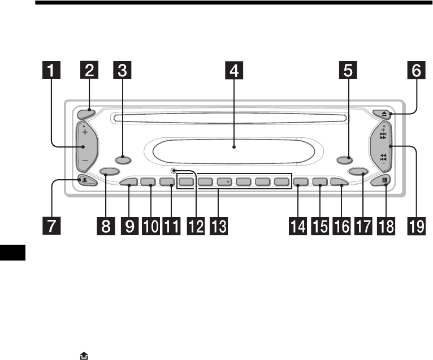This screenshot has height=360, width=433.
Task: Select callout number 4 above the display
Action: point(233,72)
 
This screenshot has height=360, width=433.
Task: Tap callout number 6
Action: point(415,72)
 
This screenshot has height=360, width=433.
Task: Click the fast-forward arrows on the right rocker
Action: point(383,136)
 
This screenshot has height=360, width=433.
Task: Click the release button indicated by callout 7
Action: point(85,181)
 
